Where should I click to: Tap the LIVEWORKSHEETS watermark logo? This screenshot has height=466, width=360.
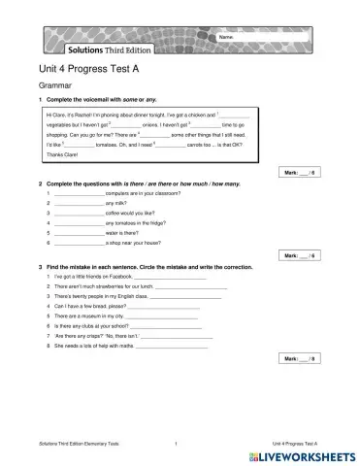[303, 454]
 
